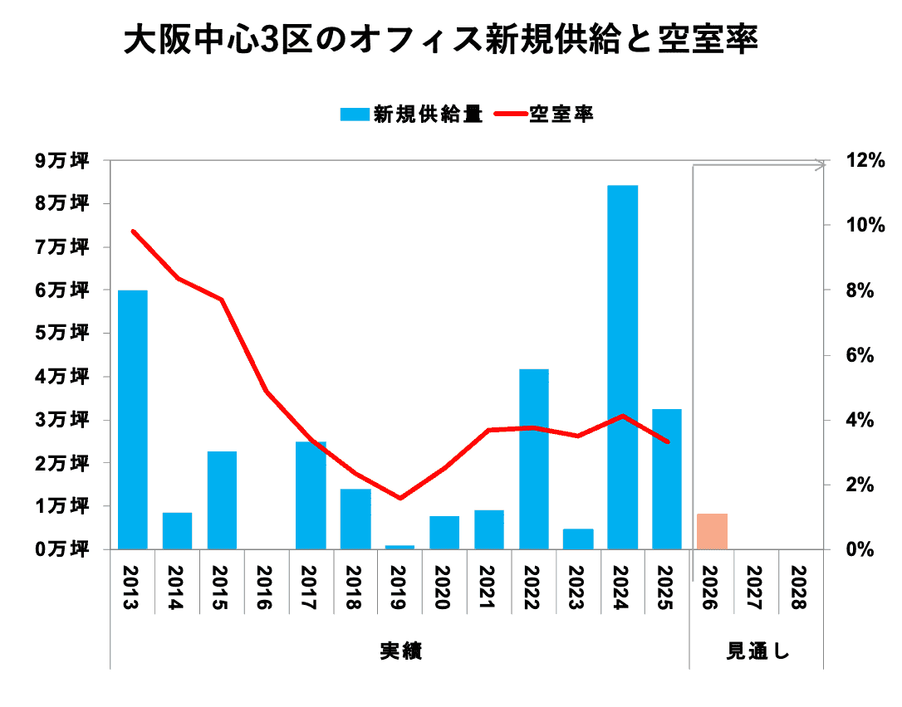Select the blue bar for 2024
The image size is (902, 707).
[623, 367]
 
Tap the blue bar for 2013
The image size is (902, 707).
[133, 419]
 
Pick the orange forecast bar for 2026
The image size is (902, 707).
[712, 531]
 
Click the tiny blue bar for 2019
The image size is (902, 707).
[400, 547]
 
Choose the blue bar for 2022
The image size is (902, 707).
[534, 458]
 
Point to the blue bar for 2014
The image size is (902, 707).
[177, 530]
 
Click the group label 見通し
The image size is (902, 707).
[757, 651]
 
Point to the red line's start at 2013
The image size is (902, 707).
[133, 231]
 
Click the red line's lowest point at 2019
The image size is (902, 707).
[400, 498]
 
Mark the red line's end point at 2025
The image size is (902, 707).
[667, 442]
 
